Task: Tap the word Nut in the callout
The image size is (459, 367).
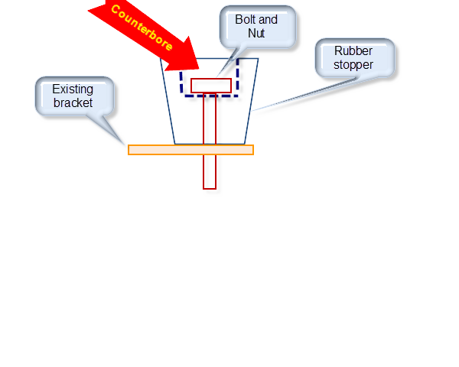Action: coord(256,33)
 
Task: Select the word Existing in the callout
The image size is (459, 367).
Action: coord(73,89)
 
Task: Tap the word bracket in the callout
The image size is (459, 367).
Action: coord(73,102)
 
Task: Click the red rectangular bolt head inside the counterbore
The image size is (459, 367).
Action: coord(211,86)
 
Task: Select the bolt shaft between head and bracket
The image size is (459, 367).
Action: coord(210,119)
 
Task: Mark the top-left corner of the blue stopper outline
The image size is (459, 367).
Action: coord(160,59)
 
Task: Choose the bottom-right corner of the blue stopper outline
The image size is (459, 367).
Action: coord(245,144)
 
